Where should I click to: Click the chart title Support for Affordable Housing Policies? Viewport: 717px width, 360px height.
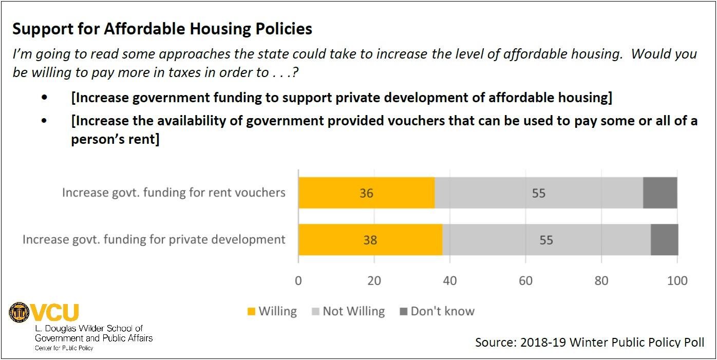[162, 29]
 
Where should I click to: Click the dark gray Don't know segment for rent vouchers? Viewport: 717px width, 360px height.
[660, 193]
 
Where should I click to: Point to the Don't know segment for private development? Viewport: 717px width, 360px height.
[664, 239]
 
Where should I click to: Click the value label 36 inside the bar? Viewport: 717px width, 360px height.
[366, 193]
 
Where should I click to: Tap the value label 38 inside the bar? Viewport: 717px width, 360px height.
[370, 240]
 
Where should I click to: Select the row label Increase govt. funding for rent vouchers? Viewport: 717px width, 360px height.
[174, 193]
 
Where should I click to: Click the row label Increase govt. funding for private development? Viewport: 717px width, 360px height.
[154, 239]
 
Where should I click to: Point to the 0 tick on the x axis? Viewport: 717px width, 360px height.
[298, 280]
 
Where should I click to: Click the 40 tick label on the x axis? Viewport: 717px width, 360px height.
[450, 280]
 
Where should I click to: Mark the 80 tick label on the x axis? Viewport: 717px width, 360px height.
[601, 280]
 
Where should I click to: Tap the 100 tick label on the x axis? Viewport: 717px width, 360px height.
[677, 280]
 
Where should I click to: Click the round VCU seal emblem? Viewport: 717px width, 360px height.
[19, 312]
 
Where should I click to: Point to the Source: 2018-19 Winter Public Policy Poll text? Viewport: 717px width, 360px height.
[590, 342]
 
